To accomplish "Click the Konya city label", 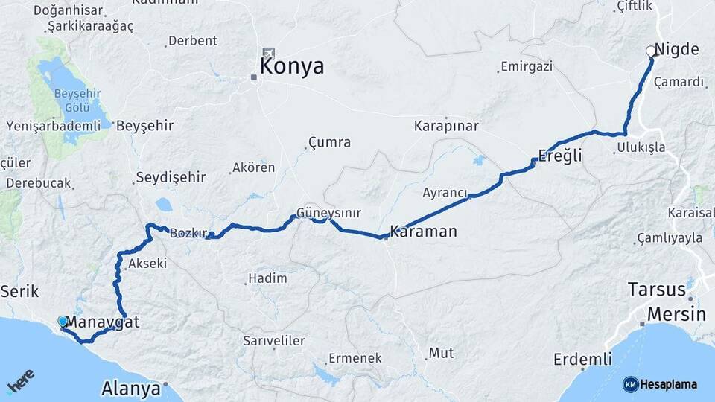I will click(292, 66).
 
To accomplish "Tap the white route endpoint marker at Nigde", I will click(651, 51).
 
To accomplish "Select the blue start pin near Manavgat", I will click(63, 322).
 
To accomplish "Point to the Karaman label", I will click(423, 232).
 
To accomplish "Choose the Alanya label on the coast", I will click(131, 389).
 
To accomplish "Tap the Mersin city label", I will click(676, 314).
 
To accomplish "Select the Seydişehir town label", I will click(170, 178).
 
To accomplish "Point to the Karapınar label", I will click(446, 126).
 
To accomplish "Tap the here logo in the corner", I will click(22, 383).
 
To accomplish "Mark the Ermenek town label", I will click(355, 358).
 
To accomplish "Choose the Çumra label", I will click(329, 142).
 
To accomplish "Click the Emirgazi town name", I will click(527, 66).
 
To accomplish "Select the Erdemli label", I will click(582, 360).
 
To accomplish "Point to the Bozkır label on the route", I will click(188, 233).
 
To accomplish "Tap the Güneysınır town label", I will click(328, 213).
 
